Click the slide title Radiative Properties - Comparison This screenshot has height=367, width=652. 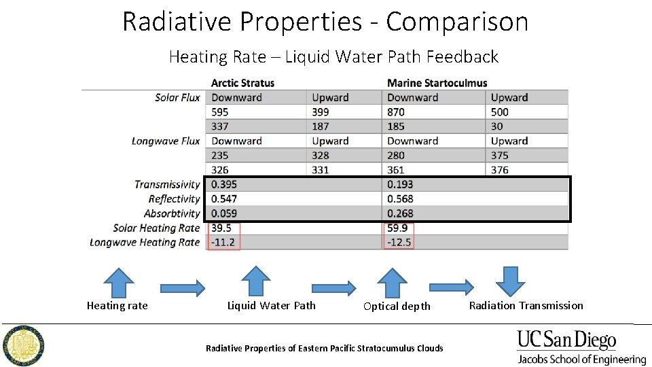(325, 22)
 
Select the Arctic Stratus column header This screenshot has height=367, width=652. (242, 83)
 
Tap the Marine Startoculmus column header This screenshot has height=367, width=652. (437, 83)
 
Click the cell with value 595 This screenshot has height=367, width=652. (220, 112)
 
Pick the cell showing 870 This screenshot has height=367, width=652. (396, 112)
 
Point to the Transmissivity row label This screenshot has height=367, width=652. (167, 184)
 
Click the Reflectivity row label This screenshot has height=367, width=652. (174, 199)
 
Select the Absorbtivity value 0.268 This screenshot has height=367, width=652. (400, 213)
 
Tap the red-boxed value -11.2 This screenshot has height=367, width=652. (223, 243)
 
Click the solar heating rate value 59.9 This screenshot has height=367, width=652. (399, 228)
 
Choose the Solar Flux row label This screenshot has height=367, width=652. (177, 98)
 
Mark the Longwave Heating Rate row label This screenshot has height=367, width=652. (145, 243)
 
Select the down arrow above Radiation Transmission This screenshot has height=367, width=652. (507, 281)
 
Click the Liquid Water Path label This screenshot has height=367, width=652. (271, 306)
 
